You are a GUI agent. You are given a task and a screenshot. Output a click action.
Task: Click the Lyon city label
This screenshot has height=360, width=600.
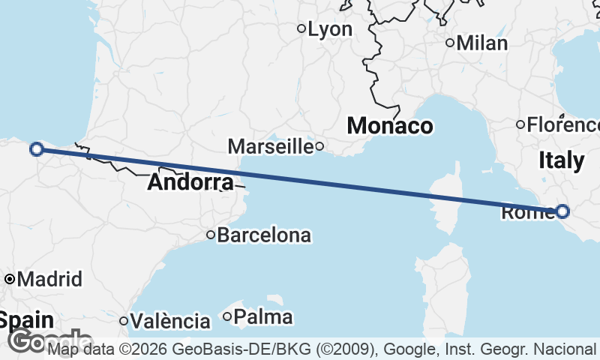tap(331, 29)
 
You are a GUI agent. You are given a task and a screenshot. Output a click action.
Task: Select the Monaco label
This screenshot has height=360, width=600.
tap(389, 125)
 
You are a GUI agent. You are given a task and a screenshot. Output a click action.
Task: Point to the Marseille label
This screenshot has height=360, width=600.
tap(270, 146)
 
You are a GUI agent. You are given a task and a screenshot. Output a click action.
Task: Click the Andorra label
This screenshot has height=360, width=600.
tap(190, 182)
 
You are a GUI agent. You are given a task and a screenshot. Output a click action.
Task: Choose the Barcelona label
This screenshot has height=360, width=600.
tap(264, 235)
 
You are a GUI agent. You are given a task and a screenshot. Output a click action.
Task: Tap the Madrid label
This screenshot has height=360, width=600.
tap(49, 280)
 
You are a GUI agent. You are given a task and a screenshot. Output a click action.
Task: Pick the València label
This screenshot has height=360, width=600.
tap(169, 322)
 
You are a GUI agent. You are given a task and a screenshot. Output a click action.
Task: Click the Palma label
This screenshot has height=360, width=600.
tap(262, 317)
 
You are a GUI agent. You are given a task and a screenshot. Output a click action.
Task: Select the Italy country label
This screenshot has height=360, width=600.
tap(561, 160)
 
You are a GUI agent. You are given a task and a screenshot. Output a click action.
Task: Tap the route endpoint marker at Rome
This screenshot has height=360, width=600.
tap(562, 211)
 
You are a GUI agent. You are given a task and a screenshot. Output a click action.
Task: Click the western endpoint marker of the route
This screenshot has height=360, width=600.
tap(36, 149)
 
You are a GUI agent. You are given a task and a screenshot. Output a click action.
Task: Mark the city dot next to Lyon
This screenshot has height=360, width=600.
tap(301, 29)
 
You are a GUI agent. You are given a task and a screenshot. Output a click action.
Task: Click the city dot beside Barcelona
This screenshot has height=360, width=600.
tap(211, 235)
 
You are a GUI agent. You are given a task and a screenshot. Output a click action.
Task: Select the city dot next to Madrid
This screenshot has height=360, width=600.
tap(10, 280)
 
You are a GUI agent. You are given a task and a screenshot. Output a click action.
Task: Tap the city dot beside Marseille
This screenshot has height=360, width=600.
tap(319, 146)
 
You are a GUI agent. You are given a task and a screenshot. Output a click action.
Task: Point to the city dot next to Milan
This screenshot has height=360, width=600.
tap(450, 43)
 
